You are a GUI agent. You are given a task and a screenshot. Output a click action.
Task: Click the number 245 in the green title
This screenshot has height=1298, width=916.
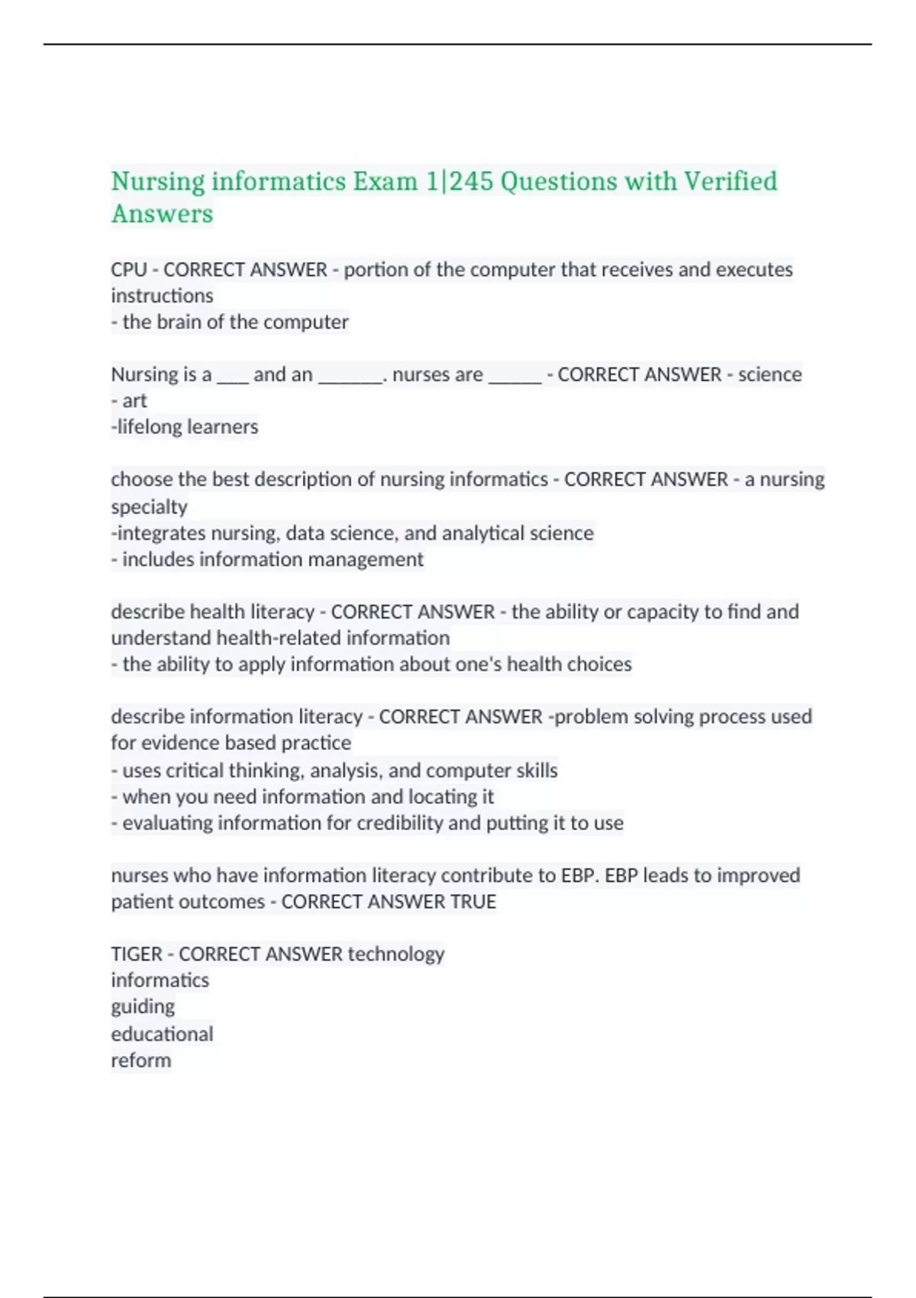pos(471,182)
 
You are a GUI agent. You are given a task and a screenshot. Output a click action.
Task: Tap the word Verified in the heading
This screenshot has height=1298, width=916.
pos(730,182)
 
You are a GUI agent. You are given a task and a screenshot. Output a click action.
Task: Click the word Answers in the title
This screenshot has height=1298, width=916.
pos(162,214)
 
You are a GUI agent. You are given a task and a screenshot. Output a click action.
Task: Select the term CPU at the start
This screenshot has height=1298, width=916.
pos(128,270)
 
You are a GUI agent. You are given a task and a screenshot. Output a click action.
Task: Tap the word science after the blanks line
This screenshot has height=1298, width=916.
pos(769,375)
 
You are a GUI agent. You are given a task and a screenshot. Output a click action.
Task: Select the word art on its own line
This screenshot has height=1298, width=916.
pos(134,401)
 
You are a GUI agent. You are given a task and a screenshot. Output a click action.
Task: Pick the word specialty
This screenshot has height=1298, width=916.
pos(149,507)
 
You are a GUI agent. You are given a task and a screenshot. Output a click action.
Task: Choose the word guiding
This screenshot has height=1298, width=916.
pos(143,1007)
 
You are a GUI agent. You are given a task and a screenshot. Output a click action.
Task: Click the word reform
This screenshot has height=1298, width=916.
pos(141,1061)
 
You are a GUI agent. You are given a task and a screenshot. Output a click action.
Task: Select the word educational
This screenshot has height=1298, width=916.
pos(162,1034)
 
